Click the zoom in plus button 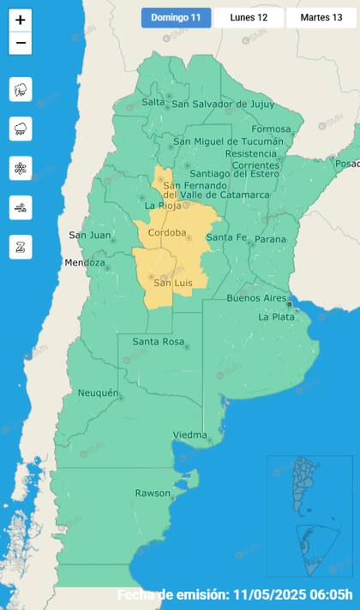pyautogui.click(x=21, y=20)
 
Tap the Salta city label pyautogui.click(x=153, y=102)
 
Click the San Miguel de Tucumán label pyautogui.click(x=227, y=141)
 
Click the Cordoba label pyautogui.click(x=167, y=233)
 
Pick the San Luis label pyautogui.click(x=172, y=283)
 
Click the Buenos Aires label pyautogui.click(x=255, y=298)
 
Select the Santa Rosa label pyautogui.click(x=159, y=342)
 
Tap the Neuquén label pyautogui.click(x=98, y=392)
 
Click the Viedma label pyautogui.click(x=189, y=435)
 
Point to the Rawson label pyautogui.click(x=153, y=493)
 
